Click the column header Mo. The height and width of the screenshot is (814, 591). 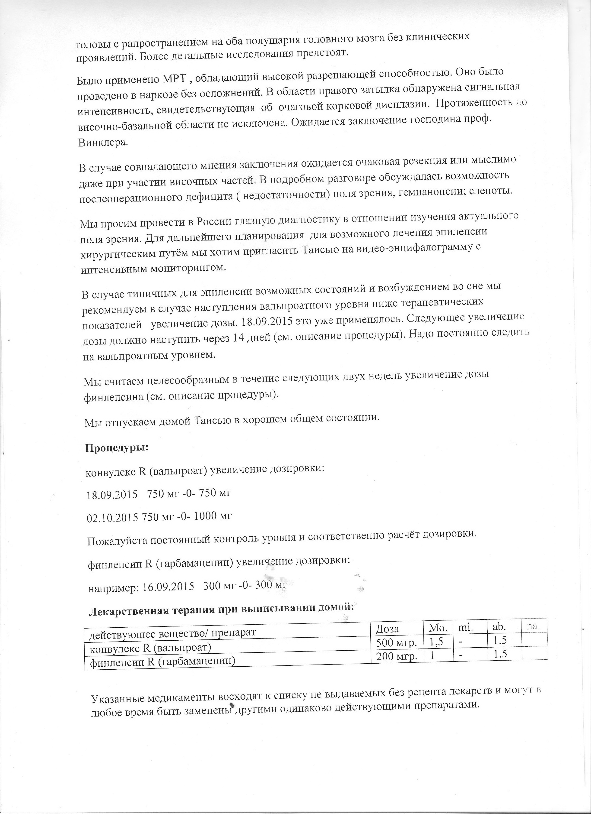click(x=436, y=626)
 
